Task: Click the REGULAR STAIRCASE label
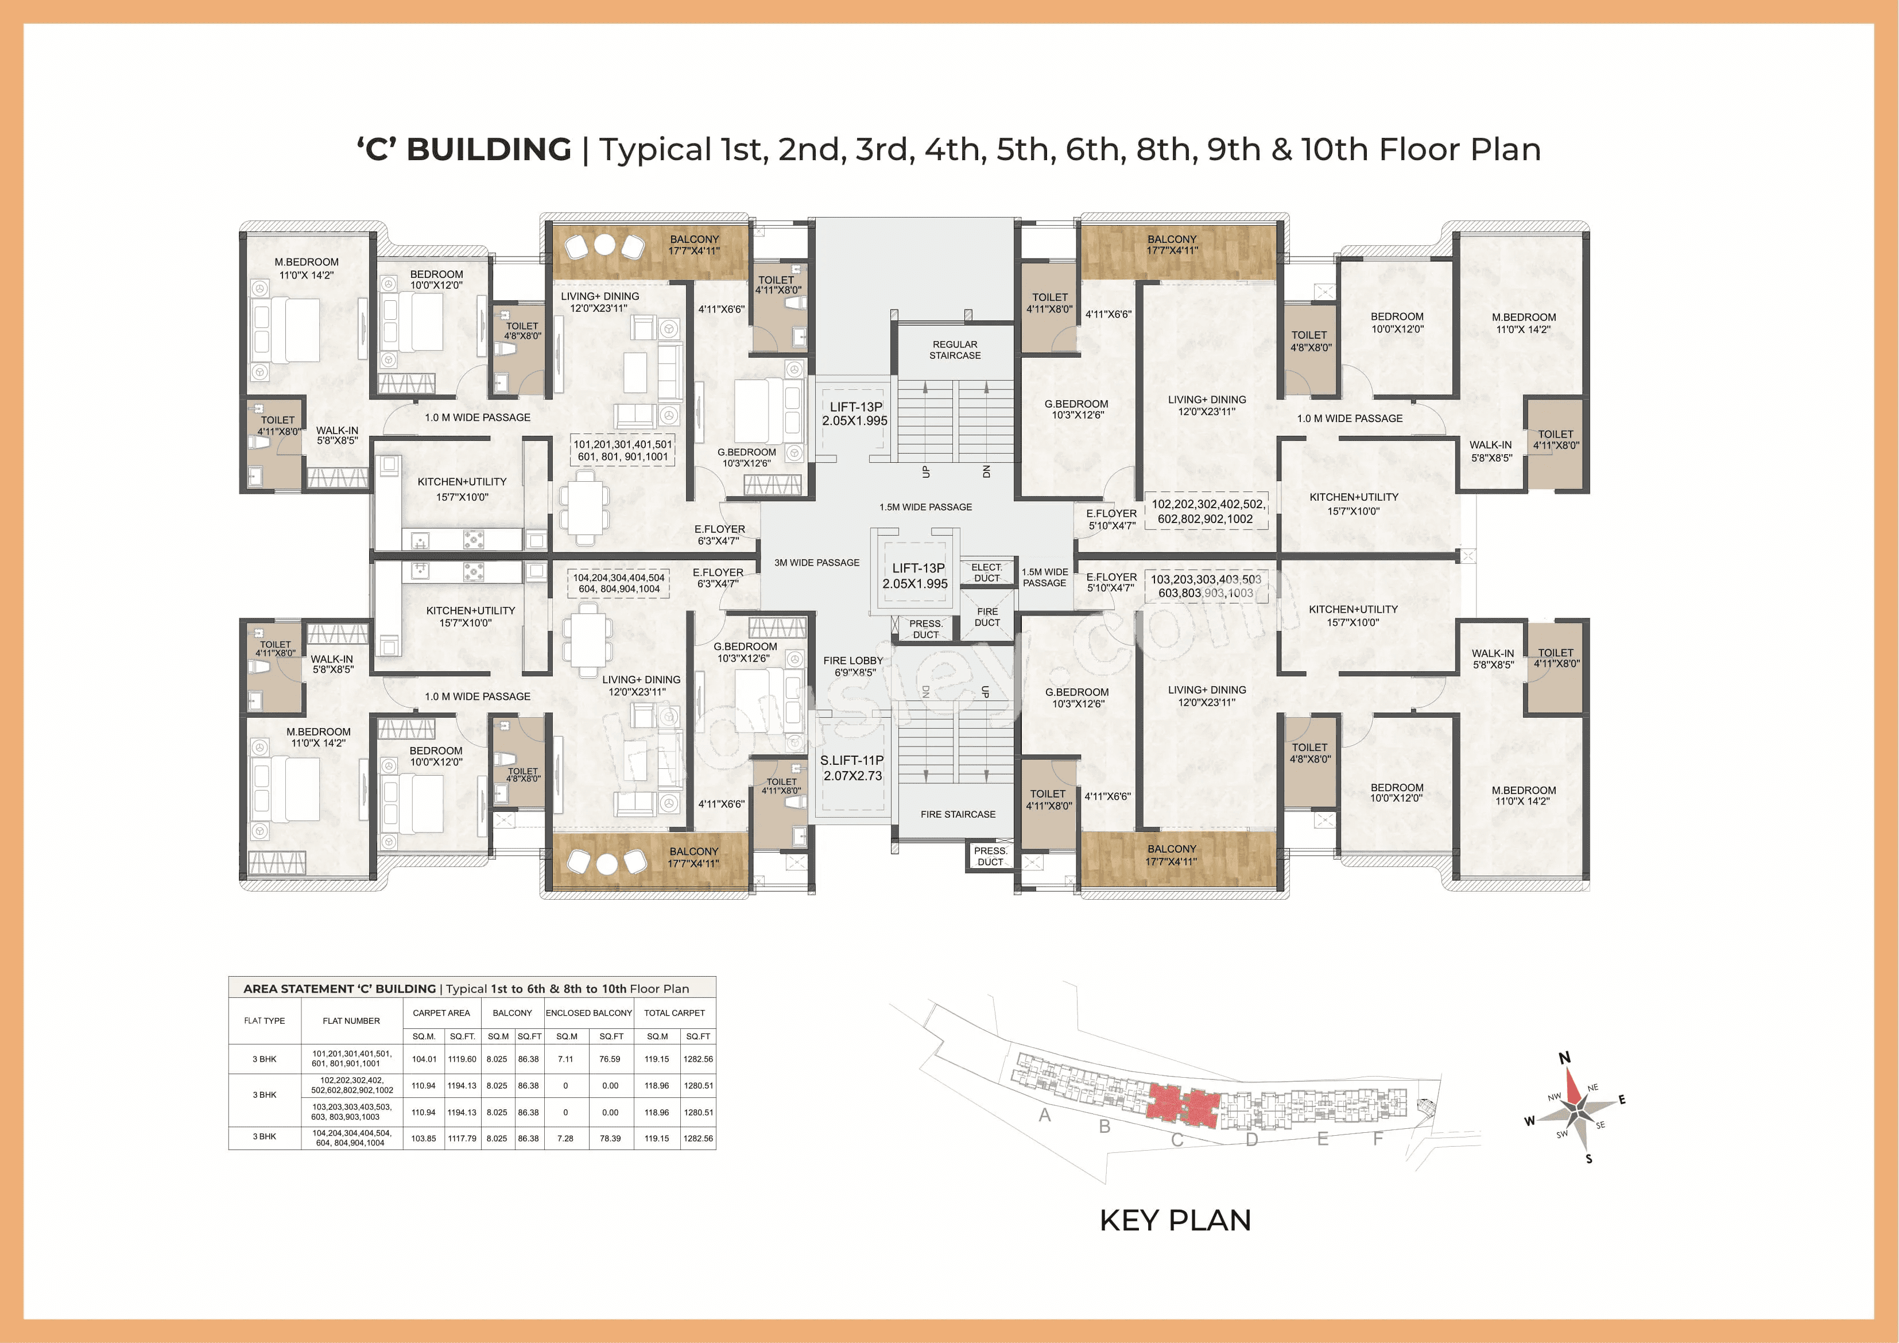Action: click(955, 350)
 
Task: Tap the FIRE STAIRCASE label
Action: click(958, 814)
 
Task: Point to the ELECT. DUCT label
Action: click(987, 572)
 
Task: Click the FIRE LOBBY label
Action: click(854, 666)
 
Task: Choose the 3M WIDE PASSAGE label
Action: click(816, 563)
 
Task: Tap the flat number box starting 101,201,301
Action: click(623, 450)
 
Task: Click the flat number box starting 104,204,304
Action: click(619, 583)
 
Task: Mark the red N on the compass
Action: click(1564, 1058)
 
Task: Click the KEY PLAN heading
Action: click(1175, 1220)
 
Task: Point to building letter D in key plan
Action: click(1251, 1139)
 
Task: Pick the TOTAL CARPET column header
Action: click(674, 1013)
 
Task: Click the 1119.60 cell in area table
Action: click(462, 1059)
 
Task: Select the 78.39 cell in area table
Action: click(610, 1139)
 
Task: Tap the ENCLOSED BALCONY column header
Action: click(589, 1013)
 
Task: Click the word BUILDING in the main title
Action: click(489, 150)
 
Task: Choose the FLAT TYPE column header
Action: click(265, 1021)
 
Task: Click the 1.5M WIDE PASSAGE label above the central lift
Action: click(925, 507)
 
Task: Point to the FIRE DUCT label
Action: click(987, 617)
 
